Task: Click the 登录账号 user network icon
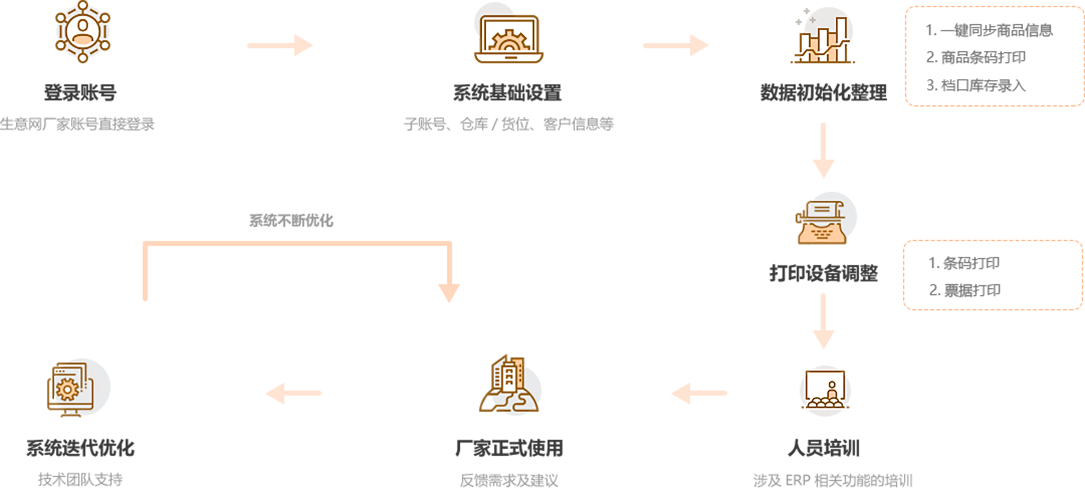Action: (x=82, y=32)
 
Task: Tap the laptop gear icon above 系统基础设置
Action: (x=508, y=38)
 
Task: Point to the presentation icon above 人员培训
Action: (x=825, y=391)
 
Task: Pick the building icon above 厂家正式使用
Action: (x=509, y=385)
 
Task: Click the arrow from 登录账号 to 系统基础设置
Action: (x=280, y=46)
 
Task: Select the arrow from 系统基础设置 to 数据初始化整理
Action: (x=676, y=46)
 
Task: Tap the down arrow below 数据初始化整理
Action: (x=823, y=150)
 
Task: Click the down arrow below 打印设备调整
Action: (x=823, y=321)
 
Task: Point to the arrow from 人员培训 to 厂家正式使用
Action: (x=699, y=393)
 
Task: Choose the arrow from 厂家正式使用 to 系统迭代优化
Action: (x=293, y=393)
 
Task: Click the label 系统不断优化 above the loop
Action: (x=291, y=220)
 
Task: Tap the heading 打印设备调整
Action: (x=823, y=274)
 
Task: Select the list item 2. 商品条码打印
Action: (x=975, y=57)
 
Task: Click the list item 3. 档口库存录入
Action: (x=975, y=85)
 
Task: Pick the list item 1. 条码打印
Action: (x=964, y=263)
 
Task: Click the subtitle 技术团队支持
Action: (x=80, y=479)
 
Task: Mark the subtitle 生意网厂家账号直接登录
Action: (x=77, y=124)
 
